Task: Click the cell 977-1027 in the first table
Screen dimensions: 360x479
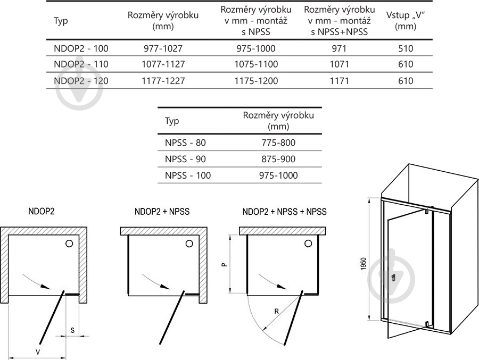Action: click(163, 48)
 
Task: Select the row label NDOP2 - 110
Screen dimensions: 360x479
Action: click(81, 65)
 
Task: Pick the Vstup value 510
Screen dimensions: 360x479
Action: click(406, 48)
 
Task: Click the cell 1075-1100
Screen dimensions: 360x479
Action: click(255, 65)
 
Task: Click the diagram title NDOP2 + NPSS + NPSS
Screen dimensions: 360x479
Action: click(284, 212)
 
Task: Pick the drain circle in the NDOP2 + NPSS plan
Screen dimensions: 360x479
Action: click(189, 244)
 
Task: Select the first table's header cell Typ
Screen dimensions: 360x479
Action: click(61, 21)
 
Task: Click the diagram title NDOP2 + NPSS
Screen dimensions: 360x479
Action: click(162, 212)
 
